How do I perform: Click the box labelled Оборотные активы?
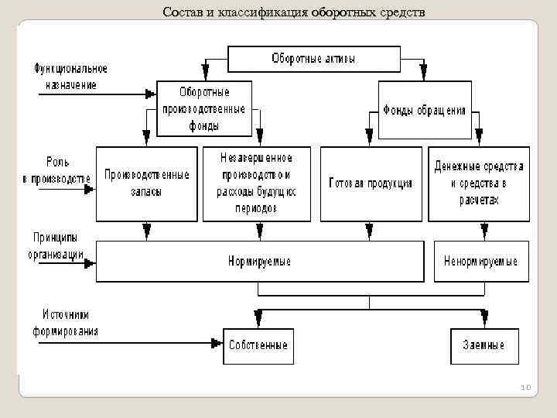tap(314, 59)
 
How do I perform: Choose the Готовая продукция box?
tap(370, 183)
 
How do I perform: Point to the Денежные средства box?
tap(479, 183)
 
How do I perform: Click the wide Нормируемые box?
tap(260, 262)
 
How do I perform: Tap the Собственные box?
tap(258, 345)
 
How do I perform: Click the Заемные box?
tap(484, 345)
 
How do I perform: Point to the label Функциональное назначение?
tap(70, 77)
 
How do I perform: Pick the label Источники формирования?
tap(66, 324)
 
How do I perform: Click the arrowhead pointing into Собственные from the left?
tap(218, 341)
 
